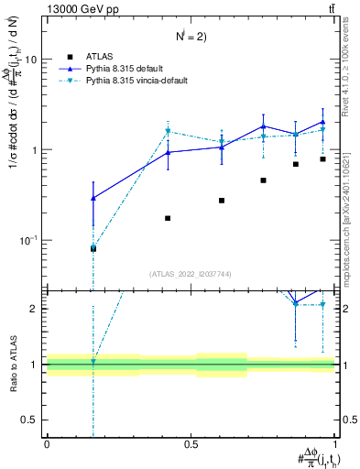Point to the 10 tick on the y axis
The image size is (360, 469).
tap(29, 59)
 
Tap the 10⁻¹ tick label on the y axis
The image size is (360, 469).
tap(27, 240)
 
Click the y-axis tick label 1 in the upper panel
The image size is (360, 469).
tap(35, 149)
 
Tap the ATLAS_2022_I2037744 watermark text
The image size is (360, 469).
tap(191, 275)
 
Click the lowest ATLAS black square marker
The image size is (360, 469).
tap(93, 248)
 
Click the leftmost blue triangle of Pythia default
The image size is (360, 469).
tap(93, 198)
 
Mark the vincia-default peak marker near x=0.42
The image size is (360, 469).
tap(168, 131)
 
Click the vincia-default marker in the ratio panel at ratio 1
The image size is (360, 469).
tap(93, 362)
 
